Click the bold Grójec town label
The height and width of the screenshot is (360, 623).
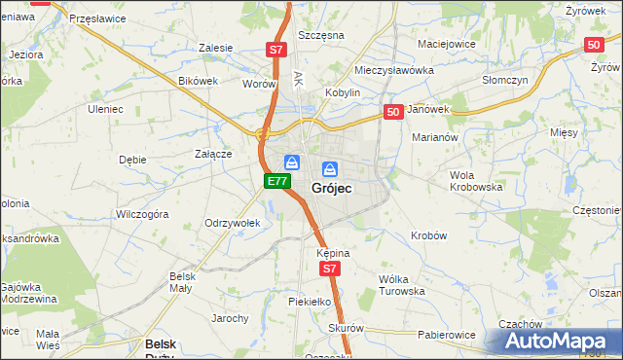tap(331, 187)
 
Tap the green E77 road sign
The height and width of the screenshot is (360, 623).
tap(276, 181)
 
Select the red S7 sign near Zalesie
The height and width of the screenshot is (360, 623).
tap(276, 49)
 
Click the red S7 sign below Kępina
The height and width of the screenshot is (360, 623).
tap(331, 269)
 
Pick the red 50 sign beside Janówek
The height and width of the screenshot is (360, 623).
tap(393, 113)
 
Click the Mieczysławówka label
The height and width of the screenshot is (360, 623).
tap(393, 71)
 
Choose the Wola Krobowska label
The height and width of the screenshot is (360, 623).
tap(475, 180)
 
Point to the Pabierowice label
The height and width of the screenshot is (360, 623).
tap(447, 335)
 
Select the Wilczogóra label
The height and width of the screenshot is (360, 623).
tap(142, 213)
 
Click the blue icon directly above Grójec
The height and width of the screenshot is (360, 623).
tap(330, 167)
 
